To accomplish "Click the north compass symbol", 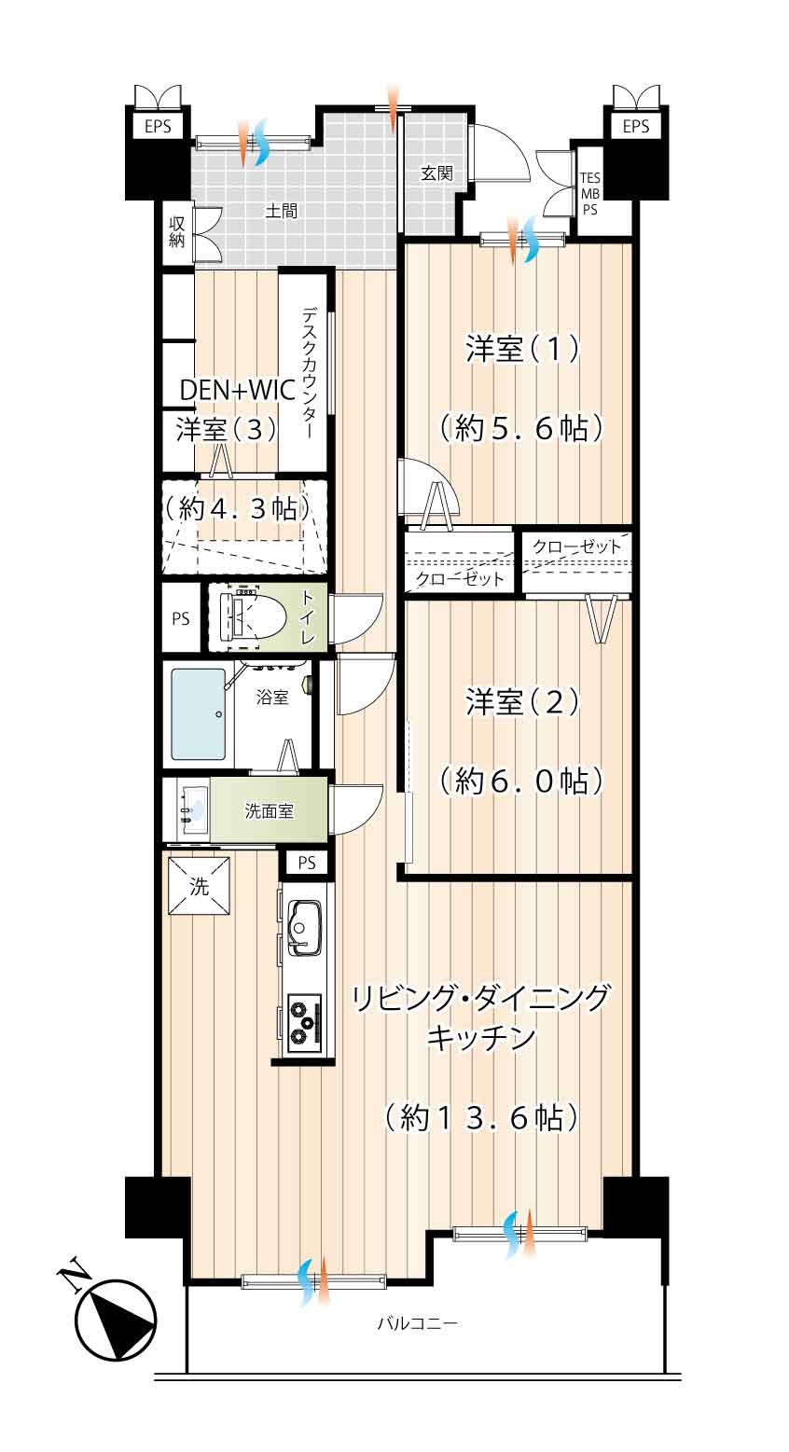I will tap(114, 1319).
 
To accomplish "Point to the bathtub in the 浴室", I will tap(198, 713).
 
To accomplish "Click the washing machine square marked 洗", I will tap(199, 887).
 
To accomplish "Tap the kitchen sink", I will tap(305, 926).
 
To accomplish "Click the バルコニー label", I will tap(417, 1323).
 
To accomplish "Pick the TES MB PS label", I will tap(590, 194).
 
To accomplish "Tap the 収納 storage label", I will tap(176, 231).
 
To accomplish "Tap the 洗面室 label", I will tap(270, 811).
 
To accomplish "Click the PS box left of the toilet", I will tap(181, 617).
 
